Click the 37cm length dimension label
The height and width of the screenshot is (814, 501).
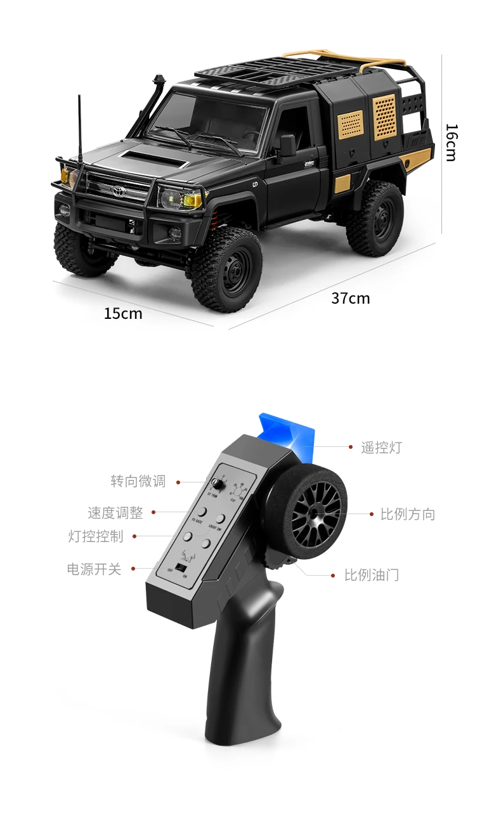[350, 297]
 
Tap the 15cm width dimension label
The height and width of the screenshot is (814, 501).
[123, 313]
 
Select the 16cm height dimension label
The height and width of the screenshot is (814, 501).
[451, 142]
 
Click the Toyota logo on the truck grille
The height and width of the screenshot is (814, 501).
[119, 190]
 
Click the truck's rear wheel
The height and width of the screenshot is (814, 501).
[375, 218]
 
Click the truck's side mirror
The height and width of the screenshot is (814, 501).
[287, 145]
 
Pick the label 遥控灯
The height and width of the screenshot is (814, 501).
[381, 448]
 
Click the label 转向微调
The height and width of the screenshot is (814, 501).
[138, 481]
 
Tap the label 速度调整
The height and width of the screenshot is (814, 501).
[115, 512]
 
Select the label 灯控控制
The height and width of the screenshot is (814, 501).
[96, 536]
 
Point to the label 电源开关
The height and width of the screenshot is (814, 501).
[94, 569]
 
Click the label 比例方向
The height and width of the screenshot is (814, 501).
[408, 514]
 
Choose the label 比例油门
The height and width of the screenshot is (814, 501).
[372, 575]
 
